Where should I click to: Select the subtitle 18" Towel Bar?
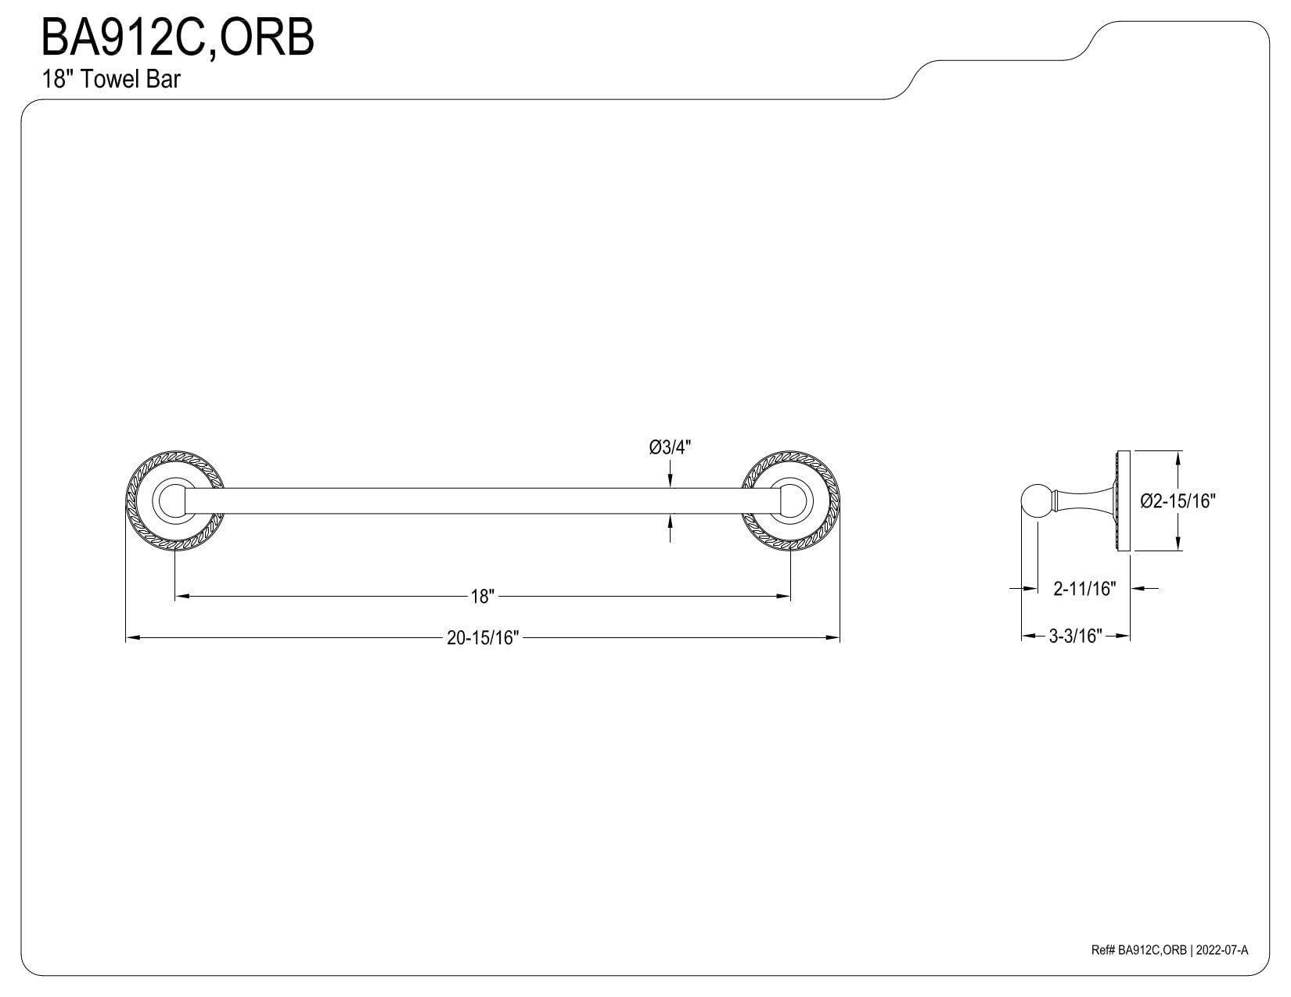coord(110,79)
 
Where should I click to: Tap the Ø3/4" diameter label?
coord(671,447)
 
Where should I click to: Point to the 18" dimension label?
coord(483,596)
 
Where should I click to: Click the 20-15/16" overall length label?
coord(483,638)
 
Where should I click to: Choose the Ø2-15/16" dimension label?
coord(1178,501)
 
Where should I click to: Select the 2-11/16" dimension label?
coord(1085,589)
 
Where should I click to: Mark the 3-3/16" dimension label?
coord(1075,636)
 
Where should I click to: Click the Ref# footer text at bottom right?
coord(1169,967)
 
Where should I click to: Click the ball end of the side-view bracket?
coord(1037,501)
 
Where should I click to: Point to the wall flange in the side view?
coord(1123,501)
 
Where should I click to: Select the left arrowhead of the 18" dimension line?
coord(182,596)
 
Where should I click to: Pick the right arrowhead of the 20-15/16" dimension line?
coord(833,638)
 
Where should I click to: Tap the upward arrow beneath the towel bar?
coord(671,528)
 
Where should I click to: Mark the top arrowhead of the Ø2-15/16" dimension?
coord(1178,457)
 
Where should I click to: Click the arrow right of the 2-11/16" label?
coord(1144,589)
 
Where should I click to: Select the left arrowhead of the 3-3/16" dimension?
coord(1028,636)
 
